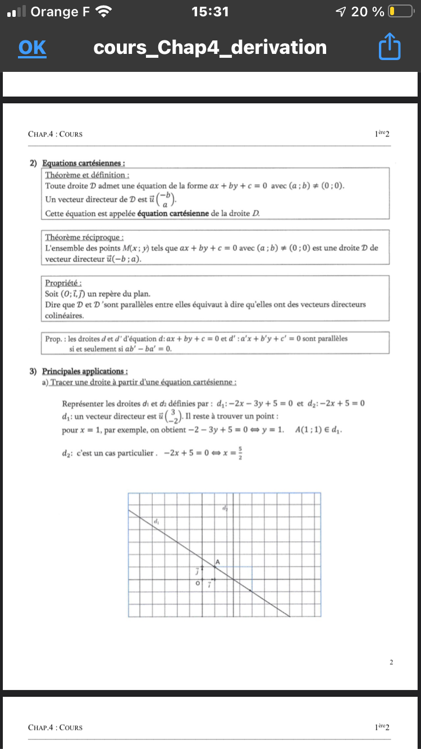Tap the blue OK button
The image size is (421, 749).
(32, 48)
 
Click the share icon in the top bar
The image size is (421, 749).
(390, 48)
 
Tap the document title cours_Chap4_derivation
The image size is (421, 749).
(210, 48)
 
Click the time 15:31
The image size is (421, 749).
(210, 11)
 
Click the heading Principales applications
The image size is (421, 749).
(85, 371)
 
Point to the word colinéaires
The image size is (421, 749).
(64, 316)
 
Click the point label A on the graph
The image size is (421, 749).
(217, 561)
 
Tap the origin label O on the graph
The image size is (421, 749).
(197, 584)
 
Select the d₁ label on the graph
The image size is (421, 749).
(157, 522)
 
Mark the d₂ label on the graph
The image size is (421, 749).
(225, 509)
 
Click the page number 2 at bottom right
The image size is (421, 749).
(391, 663)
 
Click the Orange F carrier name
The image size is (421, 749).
(61, 11)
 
